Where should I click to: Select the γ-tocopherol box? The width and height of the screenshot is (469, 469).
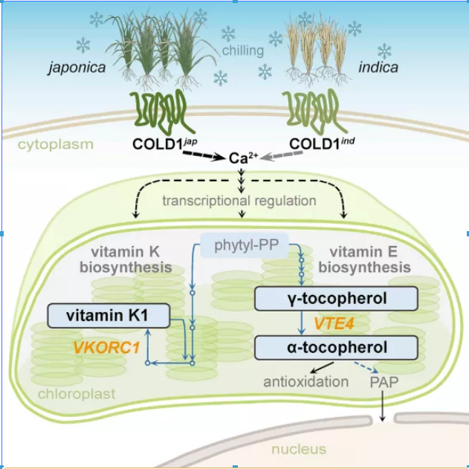pos(336,300)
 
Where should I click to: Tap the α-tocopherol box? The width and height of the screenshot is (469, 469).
pos(336,347)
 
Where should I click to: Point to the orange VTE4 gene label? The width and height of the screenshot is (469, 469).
pos(334,323)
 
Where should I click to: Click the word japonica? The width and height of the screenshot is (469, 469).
pos(77,68)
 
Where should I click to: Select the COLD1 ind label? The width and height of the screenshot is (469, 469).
pos(320,143)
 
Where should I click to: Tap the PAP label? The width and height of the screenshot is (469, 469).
pos(383,382)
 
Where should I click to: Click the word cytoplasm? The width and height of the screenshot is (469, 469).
pos(56,143)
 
